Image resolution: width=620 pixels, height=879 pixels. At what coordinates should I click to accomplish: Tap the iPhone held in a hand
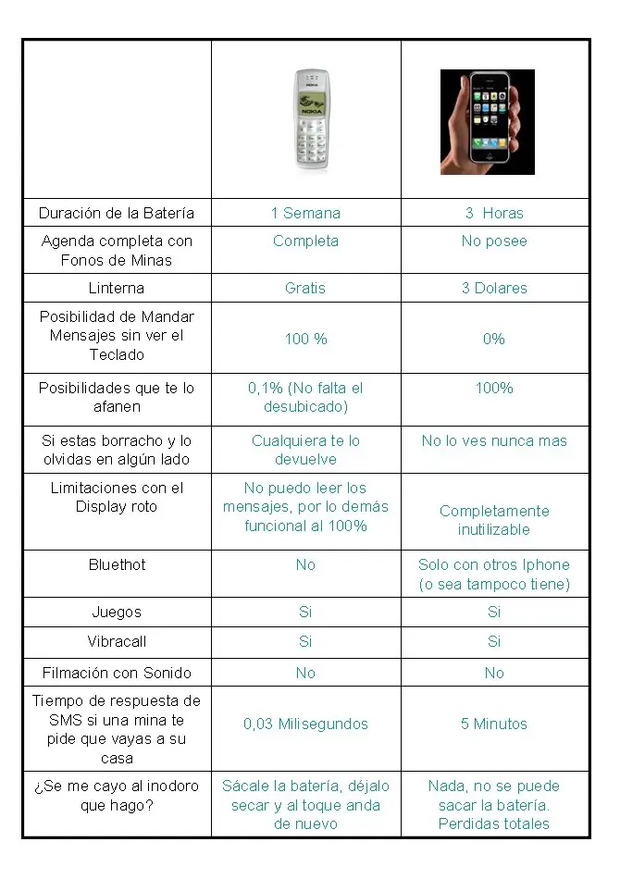tap(487, 122)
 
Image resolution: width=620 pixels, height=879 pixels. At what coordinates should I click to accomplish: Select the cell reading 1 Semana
tap(305, 213)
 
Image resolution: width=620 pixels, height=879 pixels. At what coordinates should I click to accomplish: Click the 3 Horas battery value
tap(494, 213)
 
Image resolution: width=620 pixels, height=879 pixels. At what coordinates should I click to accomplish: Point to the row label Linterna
tap(117, 288)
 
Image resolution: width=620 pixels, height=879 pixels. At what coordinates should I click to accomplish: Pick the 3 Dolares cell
tap(494, 288)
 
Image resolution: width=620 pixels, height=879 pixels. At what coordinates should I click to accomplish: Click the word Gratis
tap(305, 288)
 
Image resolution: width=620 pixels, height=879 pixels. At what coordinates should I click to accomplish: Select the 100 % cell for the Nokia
tap(305, 339)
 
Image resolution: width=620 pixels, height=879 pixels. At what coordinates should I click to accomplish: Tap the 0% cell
tap(494, 339)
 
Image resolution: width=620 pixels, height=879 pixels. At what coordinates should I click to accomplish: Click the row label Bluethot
tap(117, 564)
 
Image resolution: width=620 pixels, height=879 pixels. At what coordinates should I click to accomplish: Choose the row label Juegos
tap(117, 612)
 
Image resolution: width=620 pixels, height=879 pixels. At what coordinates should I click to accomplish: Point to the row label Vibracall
tap(117, 641)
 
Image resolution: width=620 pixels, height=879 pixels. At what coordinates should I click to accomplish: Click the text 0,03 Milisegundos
tap(305, 724)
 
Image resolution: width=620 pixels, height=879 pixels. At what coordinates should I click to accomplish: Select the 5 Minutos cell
tap(494, 724)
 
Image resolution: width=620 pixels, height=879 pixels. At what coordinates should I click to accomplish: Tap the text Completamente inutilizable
tap(494, 520)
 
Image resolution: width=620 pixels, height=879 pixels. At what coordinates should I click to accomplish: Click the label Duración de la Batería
tap(117, 213)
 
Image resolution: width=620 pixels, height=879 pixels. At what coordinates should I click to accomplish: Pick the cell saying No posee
tap(494, 241)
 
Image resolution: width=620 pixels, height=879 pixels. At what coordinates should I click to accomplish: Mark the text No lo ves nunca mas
tap(494, 440)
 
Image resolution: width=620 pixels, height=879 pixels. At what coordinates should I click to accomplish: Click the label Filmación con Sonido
tap(117, 673)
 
